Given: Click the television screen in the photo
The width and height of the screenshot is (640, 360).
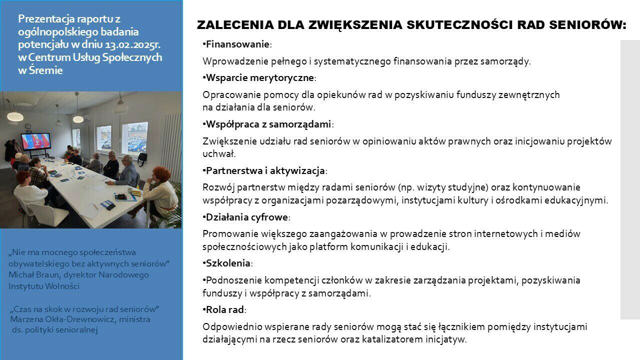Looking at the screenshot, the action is click(x=35, y=141).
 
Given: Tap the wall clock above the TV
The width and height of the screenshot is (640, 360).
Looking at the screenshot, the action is click(x=27, y=126).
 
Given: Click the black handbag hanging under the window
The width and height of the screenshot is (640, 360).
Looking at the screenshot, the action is click(x=142, y=159).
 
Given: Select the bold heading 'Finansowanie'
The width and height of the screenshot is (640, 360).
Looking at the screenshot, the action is click(x=237, y=44).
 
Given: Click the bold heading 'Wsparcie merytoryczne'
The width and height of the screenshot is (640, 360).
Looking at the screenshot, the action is click(x=259, y=77).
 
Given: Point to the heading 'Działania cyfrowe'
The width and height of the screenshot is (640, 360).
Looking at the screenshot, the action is click(x=247, y=217).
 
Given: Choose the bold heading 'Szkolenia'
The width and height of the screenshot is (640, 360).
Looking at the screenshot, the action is click(x=228, y=263).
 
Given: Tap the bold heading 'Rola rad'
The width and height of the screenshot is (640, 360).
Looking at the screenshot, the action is click(x=225, y=309).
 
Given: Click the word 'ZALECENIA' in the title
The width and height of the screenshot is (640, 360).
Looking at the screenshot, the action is click(x=235, y=25).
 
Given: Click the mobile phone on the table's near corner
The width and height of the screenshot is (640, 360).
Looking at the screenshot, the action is click(x=111, y=206).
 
